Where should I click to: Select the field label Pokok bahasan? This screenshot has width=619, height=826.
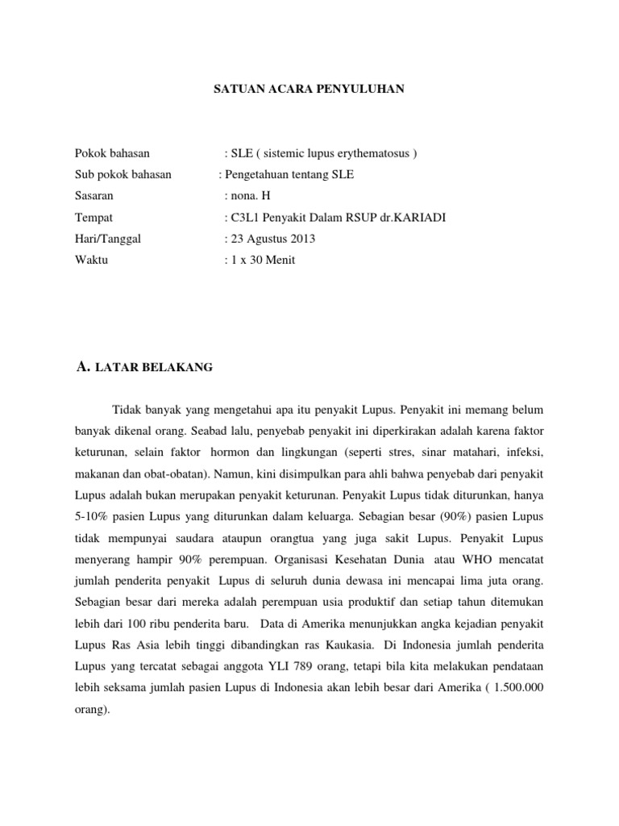click(112, 152)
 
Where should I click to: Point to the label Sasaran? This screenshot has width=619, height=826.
click(94, 195)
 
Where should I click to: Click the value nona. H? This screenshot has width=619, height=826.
click(251, 195)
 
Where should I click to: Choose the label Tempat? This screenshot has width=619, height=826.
click(93, 217)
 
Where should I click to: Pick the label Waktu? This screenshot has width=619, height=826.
click(91, 261)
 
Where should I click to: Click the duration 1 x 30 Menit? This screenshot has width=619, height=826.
click(263, 261)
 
